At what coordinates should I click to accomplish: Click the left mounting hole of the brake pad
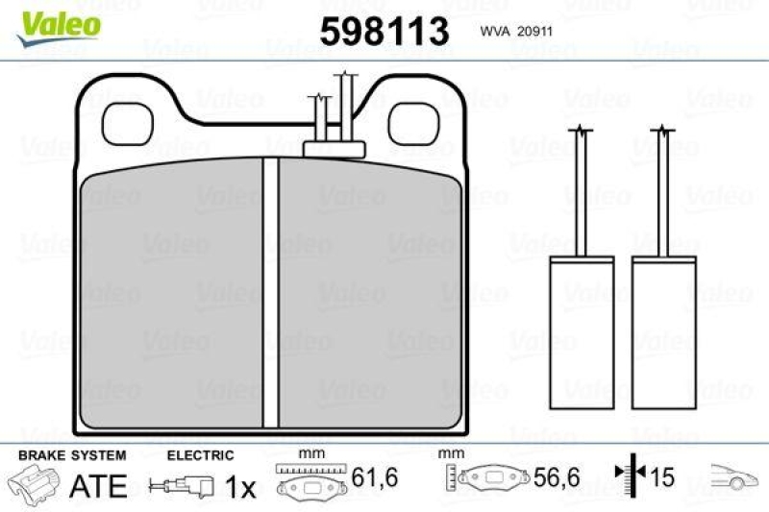coord(126,121)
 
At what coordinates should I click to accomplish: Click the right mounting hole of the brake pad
coord(411,121)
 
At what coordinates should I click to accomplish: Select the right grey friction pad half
coord(370,293)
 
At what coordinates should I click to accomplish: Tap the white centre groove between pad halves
coord(270,293)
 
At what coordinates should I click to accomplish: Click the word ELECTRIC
coord(200,455)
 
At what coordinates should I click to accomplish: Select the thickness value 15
coord(662,477)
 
